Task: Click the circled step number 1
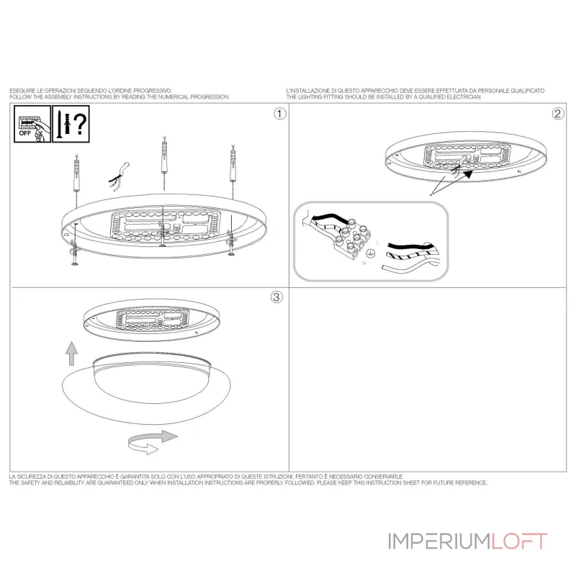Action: coord(280,114)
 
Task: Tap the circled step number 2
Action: coord(558,114)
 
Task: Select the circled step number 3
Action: coord(276,297)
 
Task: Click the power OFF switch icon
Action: coord(32,124)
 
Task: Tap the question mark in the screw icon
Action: coord(80,124)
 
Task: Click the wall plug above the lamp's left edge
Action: coord(76,174)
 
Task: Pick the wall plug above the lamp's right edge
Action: coord(233,164)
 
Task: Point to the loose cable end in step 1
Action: coord(119,177)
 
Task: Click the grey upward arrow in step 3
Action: coord(71,354)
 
